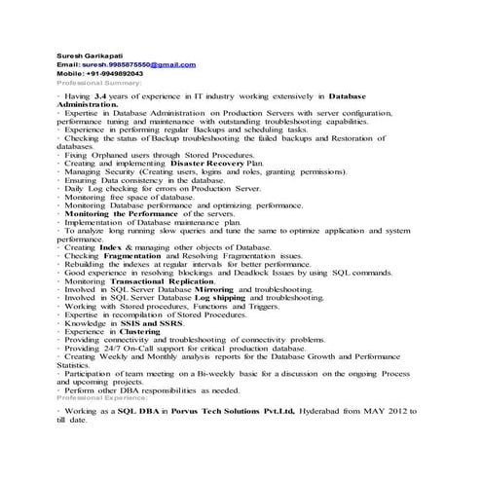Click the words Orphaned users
pos(120,155)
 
